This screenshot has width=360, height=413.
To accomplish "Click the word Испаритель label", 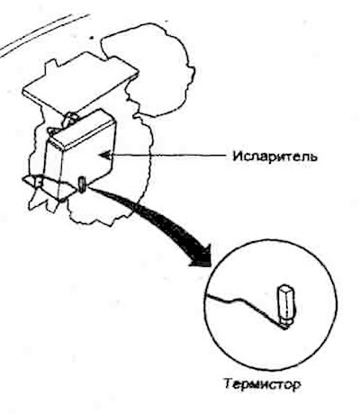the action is coord(274,157).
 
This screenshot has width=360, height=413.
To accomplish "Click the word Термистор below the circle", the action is coord(262,383).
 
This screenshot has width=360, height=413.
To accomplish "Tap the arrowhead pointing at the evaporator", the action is coord(105,156).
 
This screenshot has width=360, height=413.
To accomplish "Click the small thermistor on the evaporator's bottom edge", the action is coord(82,184).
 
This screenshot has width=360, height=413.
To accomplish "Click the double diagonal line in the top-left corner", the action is coord(45,34).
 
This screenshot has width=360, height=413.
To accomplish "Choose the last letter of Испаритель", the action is coord(312,157).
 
